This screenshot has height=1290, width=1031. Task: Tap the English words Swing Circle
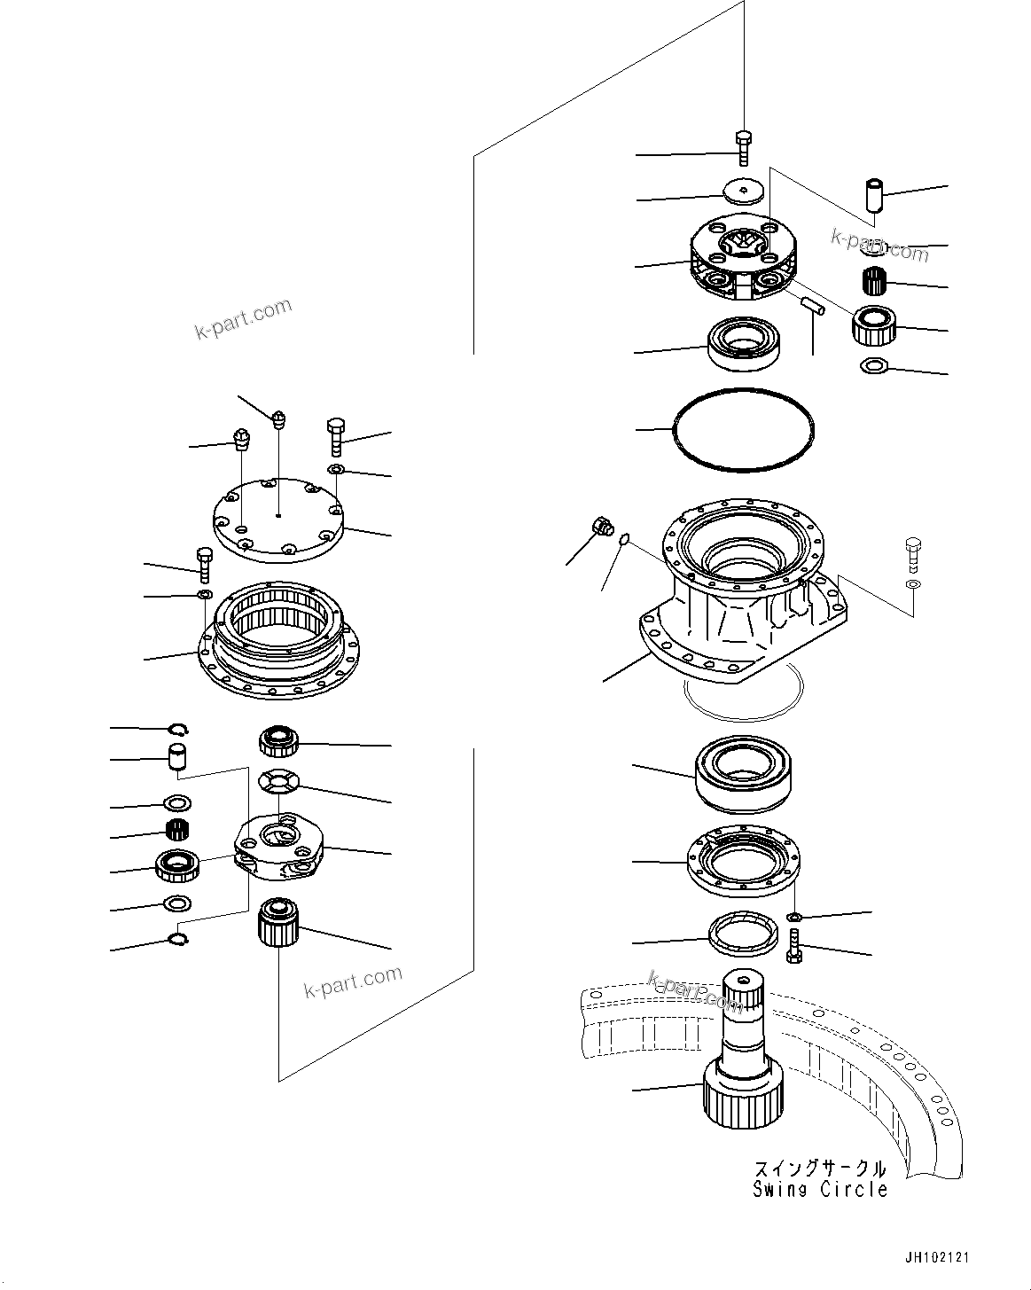[820, 1189]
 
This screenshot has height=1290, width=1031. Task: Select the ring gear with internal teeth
[278, 637]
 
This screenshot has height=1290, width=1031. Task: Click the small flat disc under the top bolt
[745, 192]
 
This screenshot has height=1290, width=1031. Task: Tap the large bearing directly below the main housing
[747, 773]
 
